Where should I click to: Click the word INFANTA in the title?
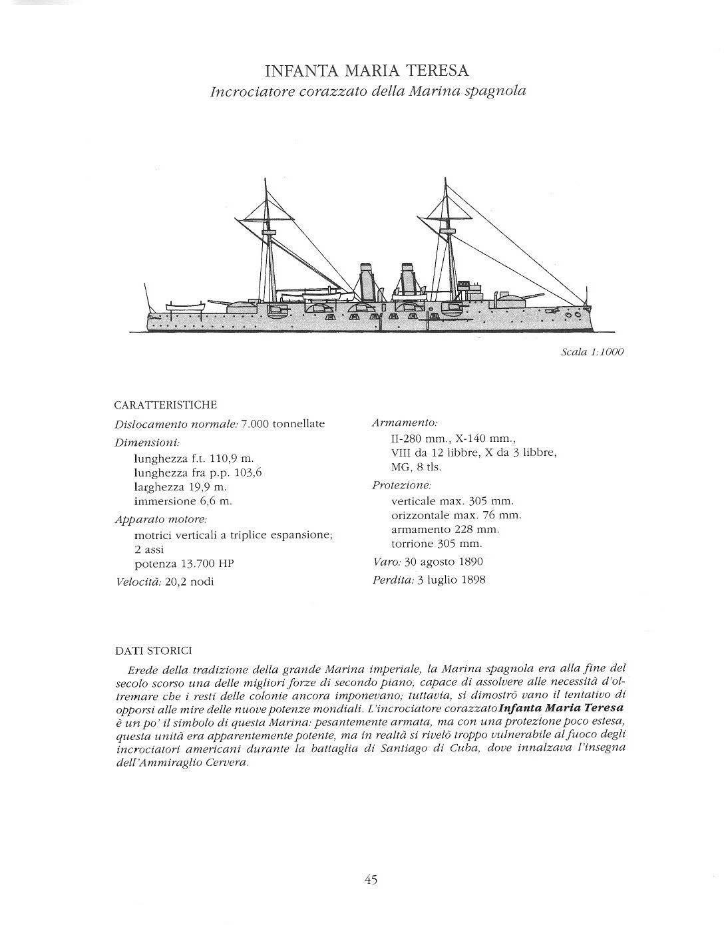coord(296,71)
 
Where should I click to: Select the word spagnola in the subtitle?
coord(496,91)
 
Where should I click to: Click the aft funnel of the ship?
coord(365,279)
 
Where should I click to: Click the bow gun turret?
coord(508,298)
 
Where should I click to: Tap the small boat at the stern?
coord(184,306)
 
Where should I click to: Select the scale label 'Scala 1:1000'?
coord(592,352)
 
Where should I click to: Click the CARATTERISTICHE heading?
coord(166,405)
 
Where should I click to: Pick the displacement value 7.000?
coord(255,424)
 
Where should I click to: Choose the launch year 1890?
coord(471,562)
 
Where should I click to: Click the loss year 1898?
coord(473,580)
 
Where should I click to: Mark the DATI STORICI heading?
coord(154,651)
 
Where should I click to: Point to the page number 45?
coord(371,880)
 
